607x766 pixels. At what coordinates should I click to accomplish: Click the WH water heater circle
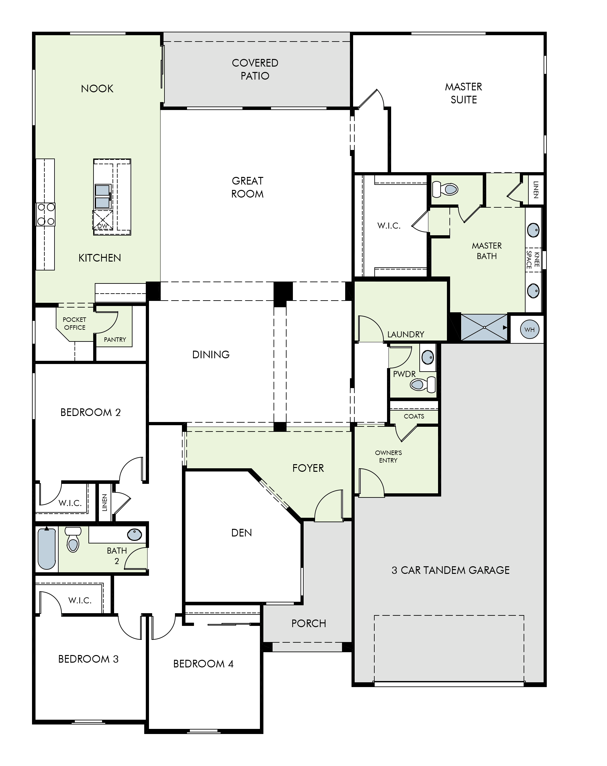(529, 329)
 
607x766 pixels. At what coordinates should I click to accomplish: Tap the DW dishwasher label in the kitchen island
(102, 226)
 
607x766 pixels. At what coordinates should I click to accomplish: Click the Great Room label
(248, 187)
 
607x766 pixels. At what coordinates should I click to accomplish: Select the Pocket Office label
(74, 324)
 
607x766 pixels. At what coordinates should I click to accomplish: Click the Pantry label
(115, 340)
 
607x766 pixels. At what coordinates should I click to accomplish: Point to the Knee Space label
(533, 260)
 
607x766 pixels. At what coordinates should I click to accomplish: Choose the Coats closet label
(414, 416)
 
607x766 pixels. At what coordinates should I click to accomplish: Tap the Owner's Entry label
(388, 457)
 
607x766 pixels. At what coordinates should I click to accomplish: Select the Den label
(242, 533)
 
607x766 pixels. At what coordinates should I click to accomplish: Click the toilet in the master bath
(445, 189)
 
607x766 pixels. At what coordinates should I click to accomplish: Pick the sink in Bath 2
(134, 534)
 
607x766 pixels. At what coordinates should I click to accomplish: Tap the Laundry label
(406, 334)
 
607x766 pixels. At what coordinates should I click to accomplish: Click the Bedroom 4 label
(203, 664)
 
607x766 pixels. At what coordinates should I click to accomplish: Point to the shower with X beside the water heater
(484, 327)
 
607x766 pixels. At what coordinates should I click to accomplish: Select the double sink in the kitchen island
(103, 197)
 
